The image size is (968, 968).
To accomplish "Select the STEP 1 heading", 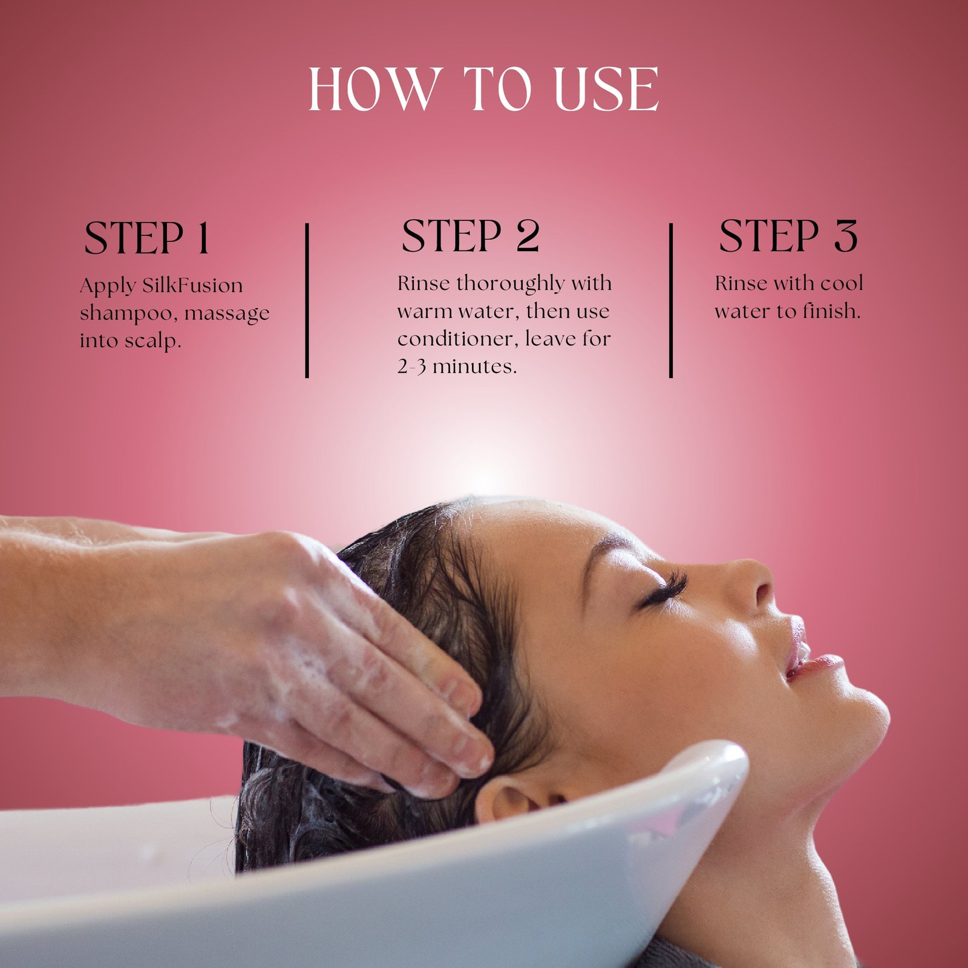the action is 146,238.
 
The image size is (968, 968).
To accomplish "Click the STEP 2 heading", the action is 470,236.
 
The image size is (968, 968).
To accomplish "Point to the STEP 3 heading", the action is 788,236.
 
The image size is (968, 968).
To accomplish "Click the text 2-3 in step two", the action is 411,367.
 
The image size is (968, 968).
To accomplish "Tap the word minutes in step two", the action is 475,366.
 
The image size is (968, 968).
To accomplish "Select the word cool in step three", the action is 842,283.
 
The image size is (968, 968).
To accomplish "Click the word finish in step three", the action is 831,311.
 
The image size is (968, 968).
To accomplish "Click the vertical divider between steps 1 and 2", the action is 307,301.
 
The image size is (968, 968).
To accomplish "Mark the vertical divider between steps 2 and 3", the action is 671,301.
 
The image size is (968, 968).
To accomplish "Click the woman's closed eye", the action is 662,590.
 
